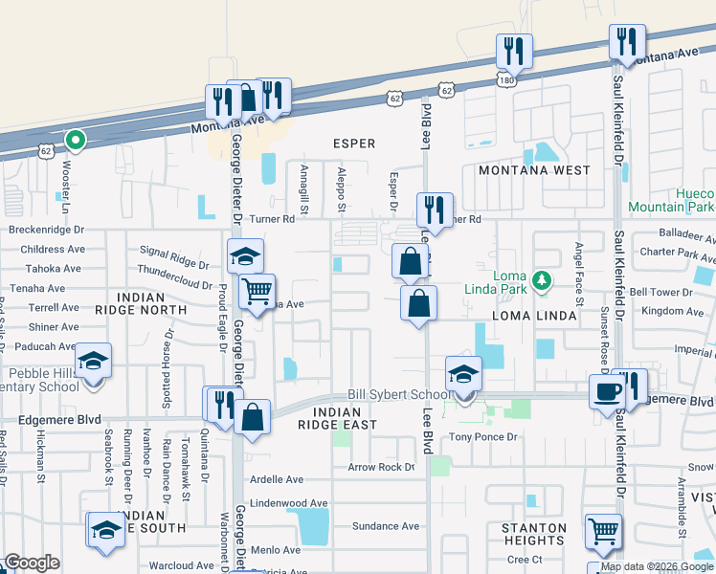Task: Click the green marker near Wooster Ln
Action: click(75, 142)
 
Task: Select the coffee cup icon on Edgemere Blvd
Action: click(607, 390)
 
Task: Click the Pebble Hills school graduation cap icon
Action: click(94, 361)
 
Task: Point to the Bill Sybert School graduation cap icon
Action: click(463, 374)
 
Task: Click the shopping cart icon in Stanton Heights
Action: click(603, 531)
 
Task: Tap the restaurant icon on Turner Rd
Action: click(435, 209)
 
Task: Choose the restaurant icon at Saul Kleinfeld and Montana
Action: click(627, 41)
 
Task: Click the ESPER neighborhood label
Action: click(353, 143)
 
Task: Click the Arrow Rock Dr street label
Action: click(381, 468)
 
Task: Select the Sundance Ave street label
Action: click(386, 526)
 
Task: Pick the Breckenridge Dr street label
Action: click(47, 230)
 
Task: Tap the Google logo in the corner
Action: click(32, 563)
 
